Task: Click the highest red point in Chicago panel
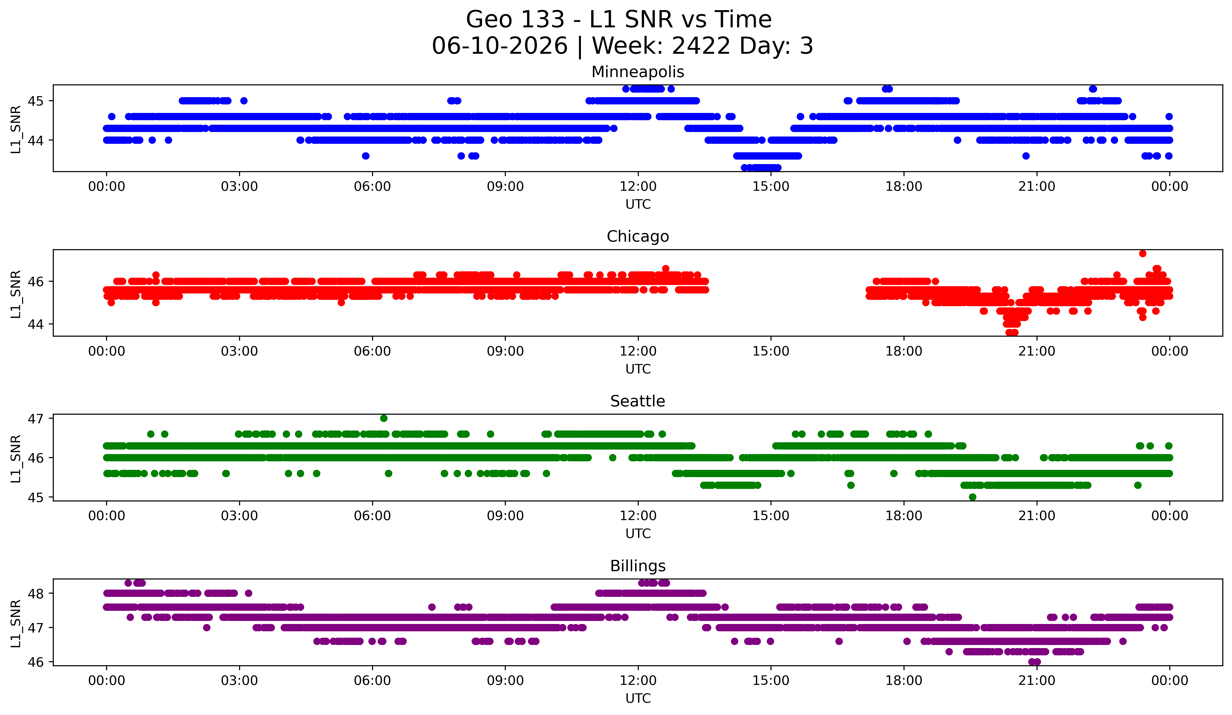[1143, 253]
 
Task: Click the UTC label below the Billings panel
[638, 698]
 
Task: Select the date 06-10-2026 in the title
[500, 46]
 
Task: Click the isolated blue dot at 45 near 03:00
[244, 101]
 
